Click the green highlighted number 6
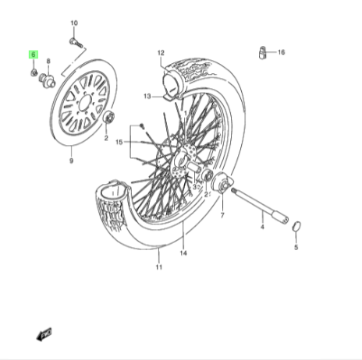(x=34, y=55)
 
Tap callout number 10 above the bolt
(x=74, y=23)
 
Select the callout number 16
(x=282, y=52)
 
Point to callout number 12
(x=161, y=53)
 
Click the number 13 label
(x=147, y=97)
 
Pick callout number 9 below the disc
(x=71, y=161)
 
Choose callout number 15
(x=119, y=143)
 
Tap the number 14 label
(x=183, y=253)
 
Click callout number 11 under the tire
(x=159, y=266)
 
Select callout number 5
(x=296, y=248)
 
